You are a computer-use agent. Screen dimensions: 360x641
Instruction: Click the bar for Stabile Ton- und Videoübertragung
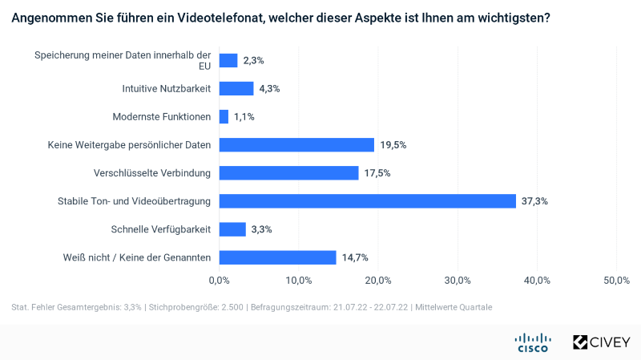367,201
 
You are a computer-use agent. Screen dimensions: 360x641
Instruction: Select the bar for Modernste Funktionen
224,117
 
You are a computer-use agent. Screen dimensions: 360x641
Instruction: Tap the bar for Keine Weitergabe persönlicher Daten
296,145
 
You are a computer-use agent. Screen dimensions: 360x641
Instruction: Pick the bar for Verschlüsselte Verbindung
288,173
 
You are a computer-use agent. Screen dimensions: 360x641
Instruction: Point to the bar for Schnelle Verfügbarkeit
232,229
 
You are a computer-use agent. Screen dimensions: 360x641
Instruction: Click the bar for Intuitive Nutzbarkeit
236,89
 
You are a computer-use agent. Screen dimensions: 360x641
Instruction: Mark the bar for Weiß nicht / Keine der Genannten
277,257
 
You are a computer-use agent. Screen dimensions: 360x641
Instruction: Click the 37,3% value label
535,201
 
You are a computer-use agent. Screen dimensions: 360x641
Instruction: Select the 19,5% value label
393,145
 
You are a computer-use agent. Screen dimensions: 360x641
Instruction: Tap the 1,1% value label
244,117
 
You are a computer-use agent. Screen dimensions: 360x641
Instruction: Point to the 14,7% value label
355,257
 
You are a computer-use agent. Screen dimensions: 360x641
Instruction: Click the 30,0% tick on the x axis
458,280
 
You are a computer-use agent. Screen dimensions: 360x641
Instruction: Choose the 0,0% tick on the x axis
219,280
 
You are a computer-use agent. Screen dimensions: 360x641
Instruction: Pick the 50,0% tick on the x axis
616,280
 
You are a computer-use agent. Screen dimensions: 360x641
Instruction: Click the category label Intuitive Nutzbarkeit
167,89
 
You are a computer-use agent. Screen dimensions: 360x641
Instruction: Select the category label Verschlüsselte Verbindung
151,173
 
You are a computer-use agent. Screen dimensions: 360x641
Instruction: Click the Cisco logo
531,342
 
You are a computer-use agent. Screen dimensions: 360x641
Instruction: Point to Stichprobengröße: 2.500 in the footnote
196,307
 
